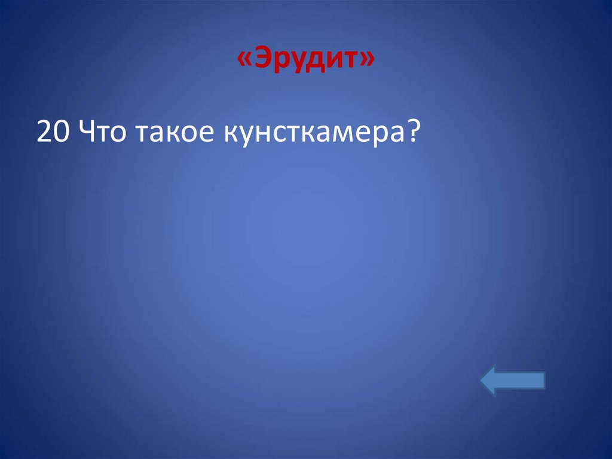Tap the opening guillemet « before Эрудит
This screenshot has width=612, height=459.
pos(244,60)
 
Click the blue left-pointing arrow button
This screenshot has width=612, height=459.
pos(512,381)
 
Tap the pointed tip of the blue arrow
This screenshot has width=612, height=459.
pos(483,381)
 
